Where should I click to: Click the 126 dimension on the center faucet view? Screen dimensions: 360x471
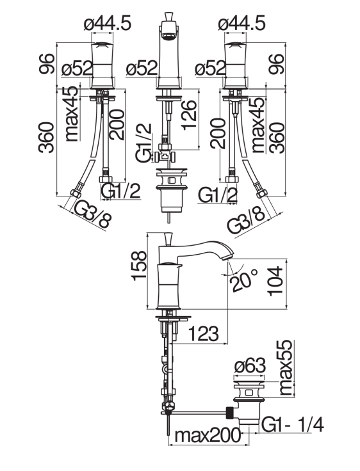pos(190,115)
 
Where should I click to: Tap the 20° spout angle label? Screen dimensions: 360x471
pos(243,280)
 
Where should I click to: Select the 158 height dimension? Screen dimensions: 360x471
pos(139,266)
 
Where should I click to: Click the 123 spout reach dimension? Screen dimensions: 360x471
pos(203,333)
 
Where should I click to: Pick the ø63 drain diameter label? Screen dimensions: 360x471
pos(250,366)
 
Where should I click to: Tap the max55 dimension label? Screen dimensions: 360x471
pos(286,368)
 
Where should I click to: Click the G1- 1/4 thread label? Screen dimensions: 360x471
pos(292,425)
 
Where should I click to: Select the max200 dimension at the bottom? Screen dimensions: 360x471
pos(208,435)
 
